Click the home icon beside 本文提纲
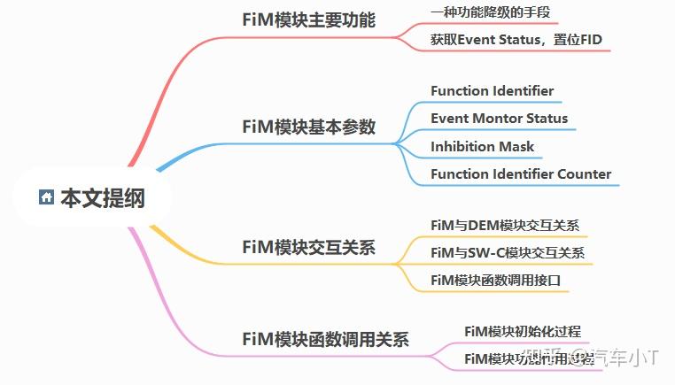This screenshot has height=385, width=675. [x=47, y=197]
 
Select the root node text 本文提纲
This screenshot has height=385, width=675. [x=102, y=198]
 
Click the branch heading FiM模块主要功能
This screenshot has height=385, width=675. [x=308, y=20]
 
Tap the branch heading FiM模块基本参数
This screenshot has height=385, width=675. [x=308, y=127]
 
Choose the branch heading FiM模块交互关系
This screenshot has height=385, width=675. [x=308, y=247]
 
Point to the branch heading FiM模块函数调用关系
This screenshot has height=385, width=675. [x=325, y=339]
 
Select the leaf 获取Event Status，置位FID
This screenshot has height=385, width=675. [x=516, y=40]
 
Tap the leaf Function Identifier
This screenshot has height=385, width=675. [x=492, y=90]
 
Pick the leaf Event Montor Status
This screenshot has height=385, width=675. [x=499, y=118]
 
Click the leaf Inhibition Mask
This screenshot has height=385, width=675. [x=482, y=146]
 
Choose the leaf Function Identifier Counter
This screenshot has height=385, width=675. [x=521, y=173]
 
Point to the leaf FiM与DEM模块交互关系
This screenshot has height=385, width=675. [x=504, y=225]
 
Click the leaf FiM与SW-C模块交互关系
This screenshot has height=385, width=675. [x=507, y=252]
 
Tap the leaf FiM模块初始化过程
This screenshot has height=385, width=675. [x=523, y=331]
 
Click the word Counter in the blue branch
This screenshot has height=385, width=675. [x=584, y=173]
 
